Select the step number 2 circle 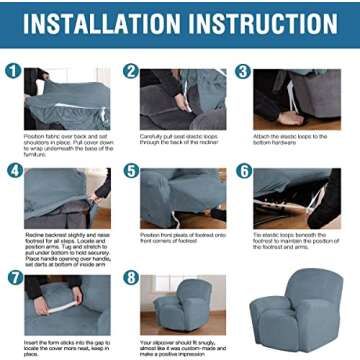tap(130, 72)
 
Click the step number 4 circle tap(14, 170)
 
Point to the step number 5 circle tap(130, 170)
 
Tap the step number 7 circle tap(14, 275)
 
